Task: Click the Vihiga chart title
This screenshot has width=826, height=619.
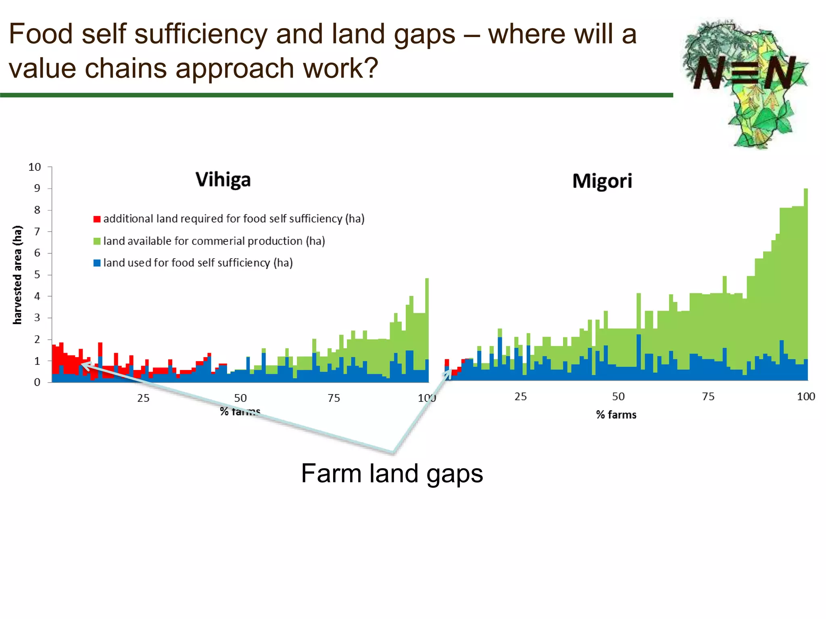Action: pos(223,180)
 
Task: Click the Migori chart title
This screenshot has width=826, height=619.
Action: pos(602,181)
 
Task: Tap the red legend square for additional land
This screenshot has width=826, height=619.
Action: pos(97,219)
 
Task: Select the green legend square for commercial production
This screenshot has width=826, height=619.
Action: pos(97,241)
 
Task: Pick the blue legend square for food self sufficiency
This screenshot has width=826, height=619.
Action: pos(97,263)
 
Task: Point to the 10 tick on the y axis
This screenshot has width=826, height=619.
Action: pos(35,167)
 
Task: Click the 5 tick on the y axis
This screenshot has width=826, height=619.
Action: pos(37,274)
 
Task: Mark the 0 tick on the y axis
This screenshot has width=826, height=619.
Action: pos(37,382)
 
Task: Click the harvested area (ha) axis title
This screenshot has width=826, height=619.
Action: pos(17,275)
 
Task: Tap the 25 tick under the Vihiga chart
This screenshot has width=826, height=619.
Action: pos(143,398)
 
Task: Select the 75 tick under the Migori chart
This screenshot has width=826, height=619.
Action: pos(708,397)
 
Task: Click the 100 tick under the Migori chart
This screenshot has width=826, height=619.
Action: pos(805,397)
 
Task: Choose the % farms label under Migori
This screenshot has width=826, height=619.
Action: pos(616,415)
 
